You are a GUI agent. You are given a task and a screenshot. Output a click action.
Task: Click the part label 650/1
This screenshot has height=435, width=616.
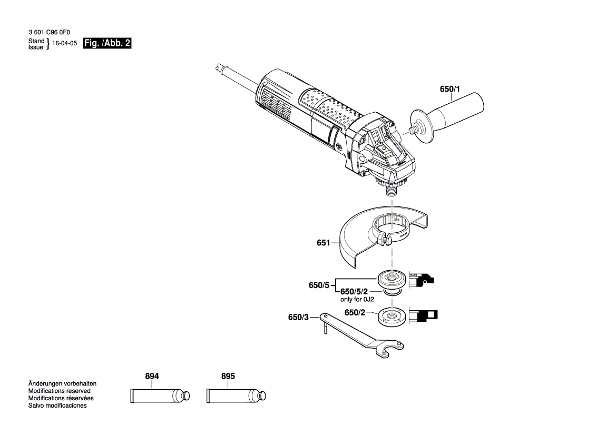click(449, 90)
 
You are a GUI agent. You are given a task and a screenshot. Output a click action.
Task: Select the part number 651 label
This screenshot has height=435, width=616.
click(322, 243)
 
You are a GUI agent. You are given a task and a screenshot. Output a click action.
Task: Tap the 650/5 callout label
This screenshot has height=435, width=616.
click(319, 285)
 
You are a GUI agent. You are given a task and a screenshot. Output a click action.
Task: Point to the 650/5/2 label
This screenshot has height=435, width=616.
click(354, 291)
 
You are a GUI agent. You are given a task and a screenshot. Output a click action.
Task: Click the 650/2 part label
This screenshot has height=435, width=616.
click(355, 312)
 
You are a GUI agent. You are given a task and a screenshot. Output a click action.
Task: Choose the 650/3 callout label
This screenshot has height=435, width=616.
click(298, 317)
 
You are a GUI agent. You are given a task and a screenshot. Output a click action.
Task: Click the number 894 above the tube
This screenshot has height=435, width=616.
click(152, 377)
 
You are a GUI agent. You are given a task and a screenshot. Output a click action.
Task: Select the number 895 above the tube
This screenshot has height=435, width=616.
click(228, 377)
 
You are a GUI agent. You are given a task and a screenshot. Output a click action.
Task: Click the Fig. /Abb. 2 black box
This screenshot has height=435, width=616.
click(107, 44)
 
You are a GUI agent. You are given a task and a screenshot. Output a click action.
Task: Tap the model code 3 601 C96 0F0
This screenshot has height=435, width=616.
click(53, 32)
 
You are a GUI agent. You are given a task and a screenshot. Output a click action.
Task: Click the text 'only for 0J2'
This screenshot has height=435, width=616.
click(357, 299)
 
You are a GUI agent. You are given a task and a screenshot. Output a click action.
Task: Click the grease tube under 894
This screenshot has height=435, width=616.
click(158, 396)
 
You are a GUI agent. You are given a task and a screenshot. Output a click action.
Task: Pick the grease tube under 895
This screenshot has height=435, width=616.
click(234, 396)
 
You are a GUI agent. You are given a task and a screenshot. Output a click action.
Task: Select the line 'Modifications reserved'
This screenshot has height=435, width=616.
click(59, 391)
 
